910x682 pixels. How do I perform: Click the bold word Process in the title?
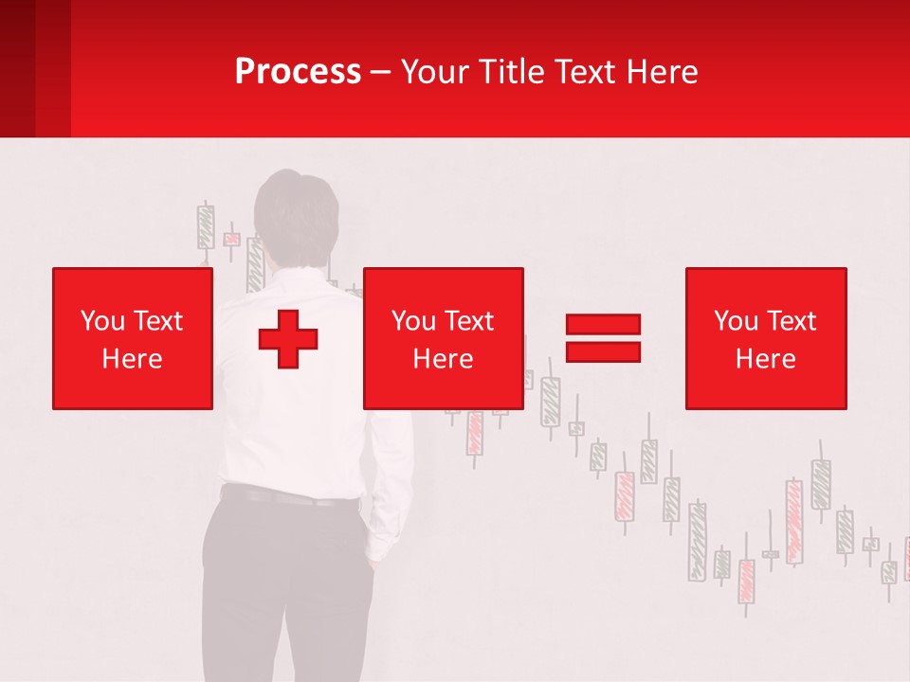coord(298,72)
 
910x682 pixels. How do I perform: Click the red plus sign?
coord(288,339)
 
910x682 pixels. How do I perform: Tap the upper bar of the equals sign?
coord(603,324)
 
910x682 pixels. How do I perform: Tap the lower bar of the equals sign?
coord(603,351)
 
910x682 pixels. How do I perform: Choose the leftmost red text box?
coord(132,338)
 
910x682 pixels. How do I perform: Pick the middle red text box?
coord(443,338)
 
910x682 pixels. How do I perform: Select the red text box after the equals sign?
coord(765,338)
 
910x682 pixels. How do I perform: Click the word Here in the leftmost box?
coord(132,359)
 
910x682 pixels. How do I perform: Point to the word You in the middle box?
coord(413,321)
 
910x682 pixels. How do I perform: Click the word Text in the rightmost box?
coord(792,321)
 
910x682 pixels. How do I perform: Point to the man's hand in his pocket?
coord(376,565)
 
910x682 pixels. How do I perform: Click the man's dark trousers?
coord(284,587)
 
